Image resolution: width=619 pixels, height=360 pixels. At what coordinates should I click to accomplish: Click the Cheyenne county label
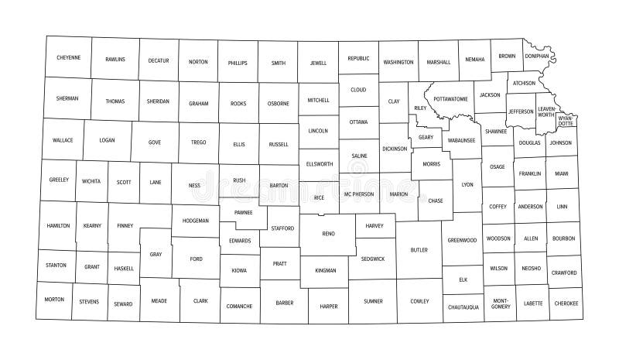[x=68, y=57]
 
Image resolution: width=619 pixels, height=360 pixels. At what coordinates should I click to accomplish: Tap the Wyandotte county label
[x=566, y=121]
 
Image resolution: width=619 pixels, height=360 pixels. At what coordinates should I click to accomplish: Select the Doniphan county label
[x=536, y=56]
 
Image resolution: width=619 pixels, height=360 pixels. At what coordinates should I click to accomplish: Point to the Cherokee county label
[x=566, y=303]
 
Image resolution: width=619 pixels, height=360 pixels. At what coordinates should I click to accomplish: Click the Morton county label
[x=54, y=299]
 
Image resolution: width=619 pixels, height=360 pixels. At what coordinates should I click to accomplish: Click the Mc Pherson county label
[x=359, y=194]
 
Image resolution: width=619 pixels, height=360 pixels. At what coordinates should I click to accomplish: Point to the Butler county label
[x=419, y=250]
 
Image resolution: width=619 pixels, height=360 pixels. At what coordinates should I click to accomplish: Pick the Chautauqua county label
[x=463, y=307]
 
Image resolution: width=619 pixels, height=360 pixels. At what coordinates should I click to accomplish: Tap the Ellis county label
[x=238, y=144]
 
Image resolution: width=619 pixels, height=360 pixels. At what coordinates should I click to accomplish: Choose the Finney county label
[x=125, y=225]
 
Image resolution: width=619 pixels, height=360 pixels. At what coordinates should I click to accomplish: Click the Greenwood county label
[x=463, y=240]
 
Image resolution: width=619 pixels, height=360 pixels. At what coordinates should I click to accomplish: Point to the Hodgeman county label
[x=195, y=221]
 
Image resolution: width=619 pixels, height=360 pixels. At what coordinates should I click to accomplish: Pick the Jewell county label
[x=318, y=62]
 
